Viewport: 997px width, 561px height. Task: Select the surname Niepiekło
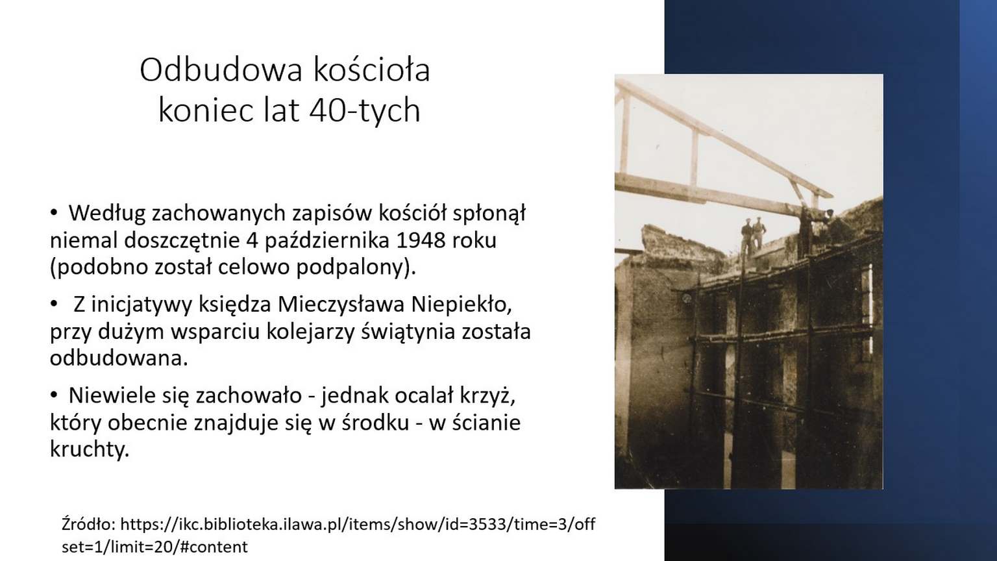tap(462, 305)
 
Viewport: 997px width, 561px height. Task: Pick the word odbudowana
tap(119, 358)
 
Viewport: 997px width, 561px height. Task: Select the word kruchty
tap(90, 450)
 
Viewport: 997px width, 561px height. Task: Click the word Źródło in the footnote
tap(89, 524)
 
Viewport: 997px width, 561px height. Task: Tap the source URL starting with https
tap(328, 536)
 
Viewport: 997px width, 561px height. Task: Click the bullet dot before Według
tap(54, 213)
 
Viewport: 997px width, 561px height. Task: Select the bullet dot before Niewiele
tap(54, 395)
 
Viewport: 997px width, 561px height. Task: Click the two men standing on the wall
tap(753, 234)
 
